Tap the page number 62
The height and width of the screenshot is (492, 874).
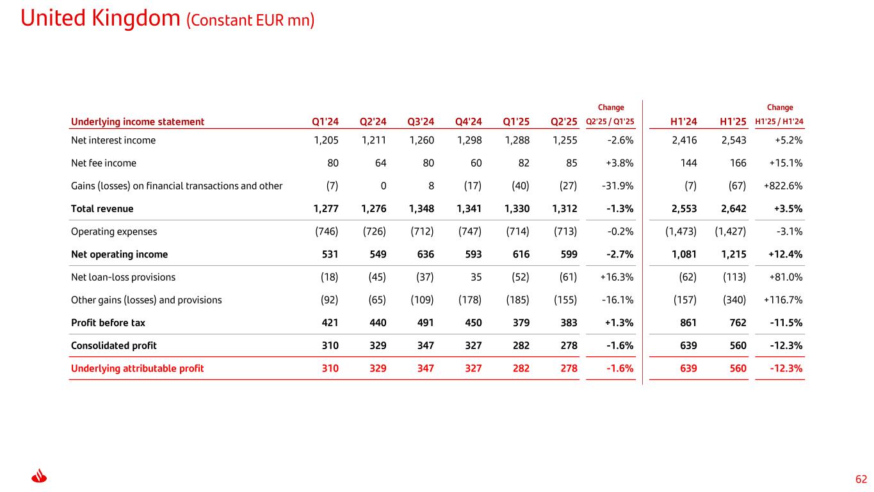[861, 479]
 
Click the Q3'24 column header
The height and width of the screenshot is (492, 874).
[420, 122]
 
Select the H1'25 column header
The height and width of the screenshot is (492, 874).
[732, 122]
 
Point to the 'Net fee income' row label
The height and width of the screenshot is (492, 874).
[103, 163]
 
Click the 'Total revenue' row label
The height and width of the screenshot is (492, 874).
[102, 208]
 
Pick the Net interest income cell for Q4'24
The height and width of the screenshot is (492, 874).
[468, 140]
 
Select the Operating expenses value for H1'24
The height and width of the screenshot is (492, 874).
[679, 231]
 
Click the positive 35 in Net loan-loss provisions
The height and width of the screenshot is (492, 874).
[476, 277]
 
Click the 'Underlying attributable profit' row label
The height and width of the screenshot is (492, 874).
[137, 368]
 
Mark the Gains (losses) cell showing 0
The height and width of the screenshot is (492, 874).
[382, 186]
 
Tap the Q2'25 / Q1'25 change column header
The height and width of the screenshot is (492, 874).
[610, 122]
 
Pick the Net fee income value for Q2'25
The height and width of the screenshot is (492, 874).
[571, 163]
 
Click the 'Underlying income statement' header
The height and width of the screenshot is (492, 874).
[137, 122]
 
